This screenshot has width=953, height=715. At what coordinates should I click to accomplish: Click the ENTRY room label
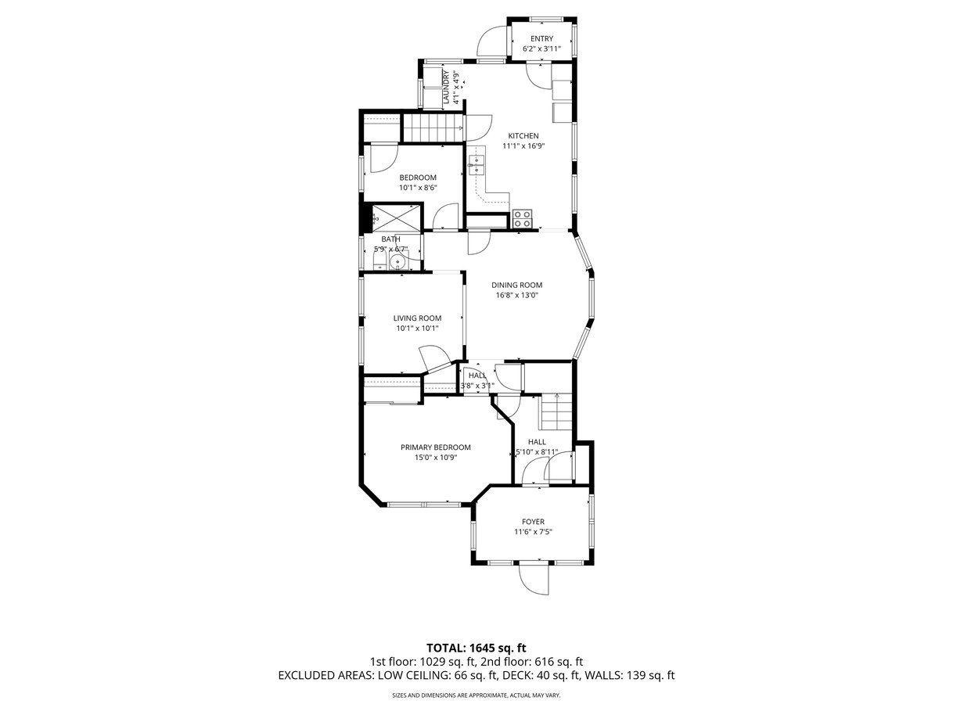(x=541, y=38)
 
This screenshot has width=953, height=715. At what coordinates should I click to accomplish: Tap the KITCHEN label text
(x=523, y=136)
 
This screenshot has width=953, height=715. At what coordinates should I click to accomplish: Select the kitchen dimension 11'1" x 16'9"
(x=523, y=146)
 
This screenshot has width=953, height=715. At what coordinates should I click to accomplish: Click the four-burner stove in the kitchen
(x=522, y=218)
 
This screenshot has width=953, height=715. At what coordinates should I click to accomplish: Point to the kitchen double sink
(x=476, y=165)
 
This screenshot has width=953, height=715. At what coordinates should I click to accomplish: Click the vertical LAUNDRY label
(x=445, y=88)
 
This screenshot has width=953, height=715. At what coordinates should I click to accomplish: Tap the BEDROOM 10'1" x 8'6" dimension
(x=418, y=188)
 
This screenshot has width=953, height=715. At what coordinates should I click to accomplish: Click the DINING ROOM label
(x=516, y=286)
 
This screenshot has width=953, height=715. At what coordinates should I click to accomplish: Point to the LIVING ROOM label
(x=417, y=318)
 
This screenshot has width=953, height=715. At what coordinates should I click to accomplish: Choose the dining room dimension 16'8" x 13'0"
(x=516, y=296)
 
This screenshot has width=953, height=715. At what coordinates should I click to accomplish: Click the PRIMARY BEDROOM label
(x=436, y=447)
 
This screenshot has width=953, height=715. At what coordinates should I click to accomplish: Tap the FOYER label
(x=533, y=521)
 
